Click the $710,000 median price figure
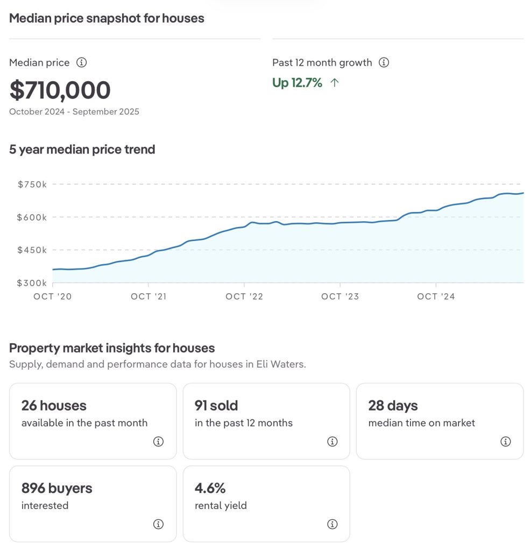(x=60, y=90)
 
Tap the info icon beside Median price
(x=81, y=62)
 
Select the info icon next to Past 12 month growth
(x=384, y=62)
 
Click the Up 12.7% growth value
(x=297, y=83)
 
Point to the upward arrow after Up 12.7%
(x=335, y=83)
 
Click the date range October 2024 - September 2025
(x=74, y=112)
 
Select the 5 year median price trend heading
(x=82, y=150)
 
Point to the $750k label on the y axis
(x=32, y=185)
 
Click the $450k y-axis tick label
(x=32, y=250)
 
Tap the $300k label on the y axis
(x=32, y=283)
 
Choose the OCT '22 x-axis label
(x=244, y=296)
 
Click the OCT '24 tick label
(x=436, y=296)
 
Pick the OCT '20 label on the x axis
(x=52, y=296)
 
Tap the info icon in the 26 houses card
(x=158, y=442)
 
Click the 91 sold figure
(x=216, y=406)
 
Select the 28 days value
(x=393, y=406)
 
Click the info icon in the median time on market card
(x=505, y=442)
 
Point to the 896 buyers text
(x=57, y=489)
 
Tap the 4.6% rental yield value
(x=210, y=489)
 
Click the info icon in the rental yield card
(x=332, y=524)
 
